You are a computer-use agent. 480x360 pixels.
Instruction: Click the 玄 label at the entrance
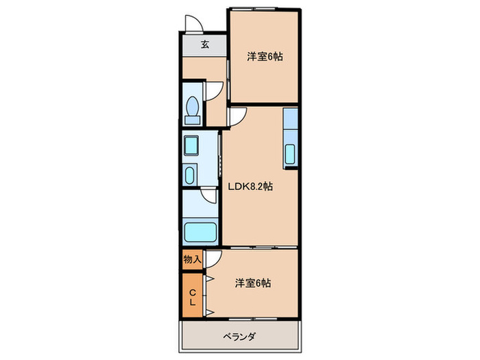click(204, 45)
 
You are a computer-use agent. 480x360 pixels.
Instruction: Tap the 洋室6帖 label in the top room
click(265, 58)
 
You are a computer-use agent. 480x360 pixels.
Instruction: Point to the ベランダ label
click(239, 337)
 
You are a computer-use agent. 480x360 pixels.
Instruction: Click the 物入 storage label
click(192, 260)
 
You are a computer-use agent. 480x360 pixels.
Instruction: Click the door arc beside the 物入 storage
click(215, 259)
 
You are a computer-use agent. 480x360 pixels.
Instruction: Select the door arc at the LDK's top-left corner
click(237, 117)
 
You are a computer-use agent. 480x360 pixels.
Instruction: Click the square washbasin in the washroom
click(191, 145)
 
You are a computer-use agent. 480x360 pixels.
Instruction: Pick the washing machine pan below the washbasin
click(191, 174)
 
